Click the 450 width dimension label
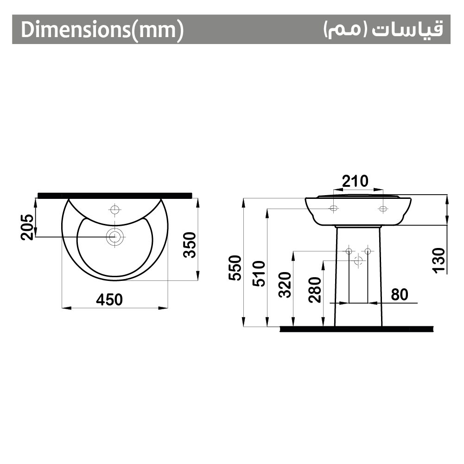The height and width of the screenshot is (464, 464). tap(110, 300)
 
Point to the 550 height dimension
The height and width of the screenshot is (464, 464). tap(235, 268)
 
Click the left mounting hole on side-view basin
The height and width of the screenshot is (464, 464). tap(333, 209)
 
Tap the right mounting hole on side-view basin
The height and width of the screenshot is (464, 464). tap(382, 209)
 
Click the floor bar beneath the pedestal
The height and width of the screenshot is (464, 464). tap(357, 329)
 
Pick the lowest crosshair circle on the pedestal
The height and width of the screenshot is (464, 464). tap(357, 261)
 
